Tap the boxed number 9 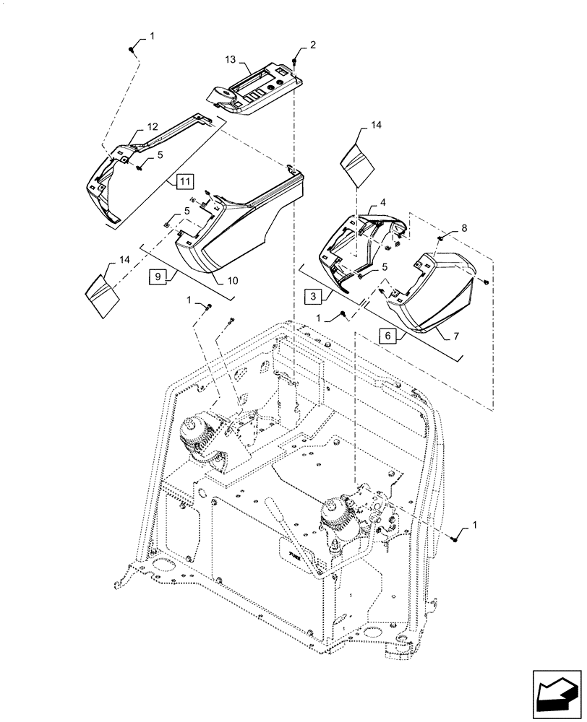(160, 275)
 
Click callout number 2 (313, 45)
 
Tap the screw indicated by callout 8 (440, 237)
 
